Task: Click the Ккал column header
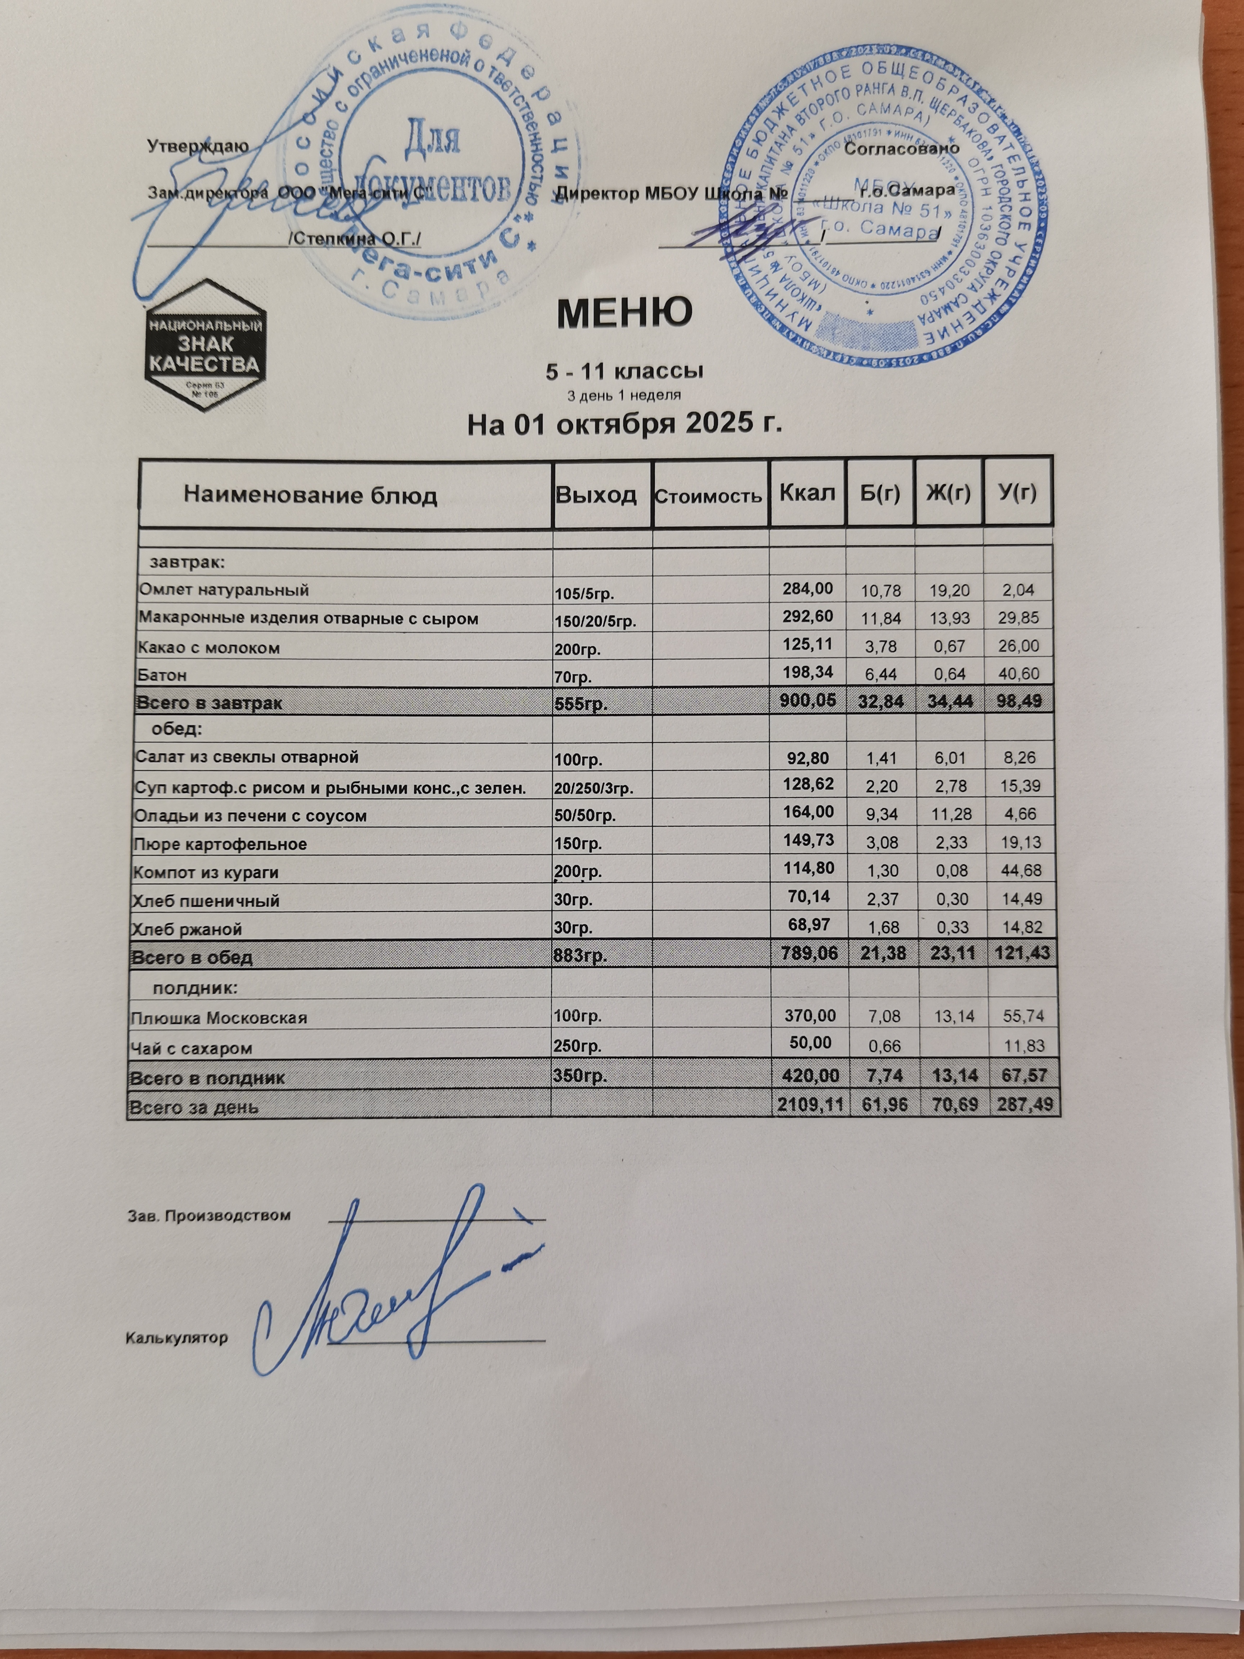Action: click(807, 493)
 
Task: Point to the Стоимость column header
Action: click(709, 496)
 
